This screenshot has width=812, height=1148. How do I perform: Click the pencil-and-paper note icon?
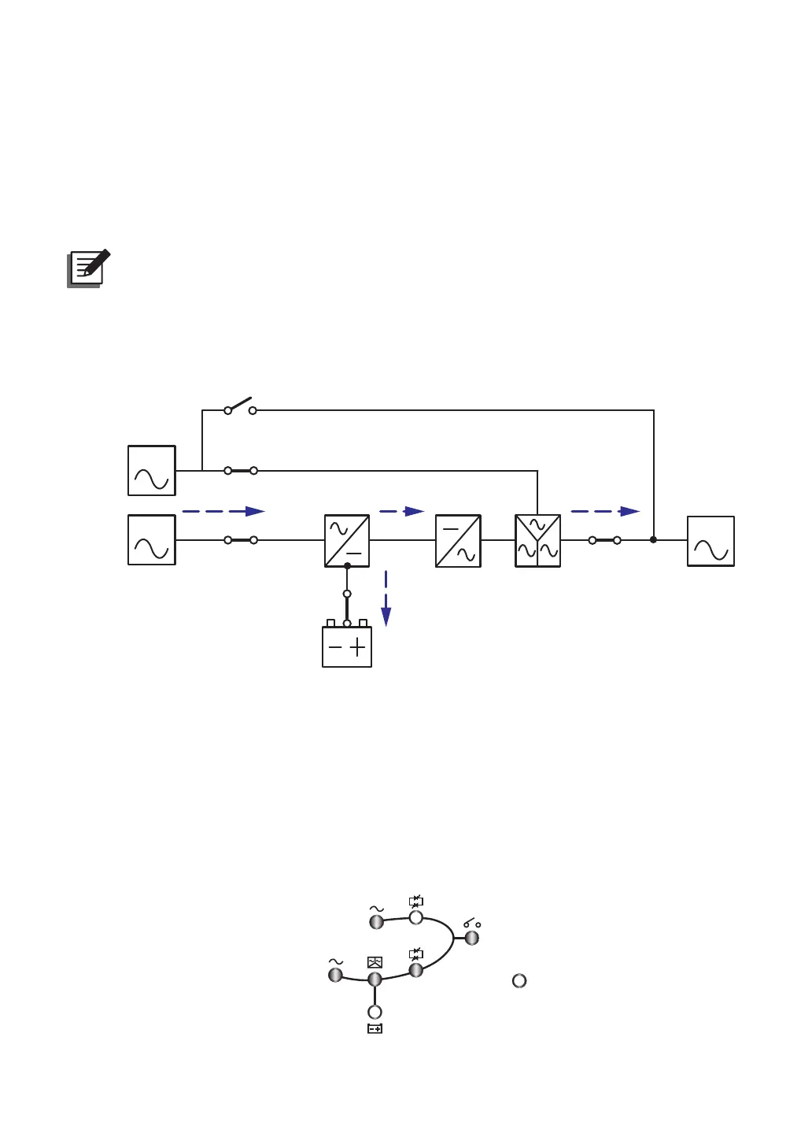point(88,268)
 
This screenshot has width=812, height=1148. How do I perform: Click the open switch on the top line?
point(240,407)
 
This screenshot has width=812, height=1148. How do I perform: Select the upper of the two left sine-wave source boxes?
point(152,471)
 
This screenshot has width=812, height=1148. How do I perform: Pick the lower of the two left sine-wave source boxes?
point(152,540)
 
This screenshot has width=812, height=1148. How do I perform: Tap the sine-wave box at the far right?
point(710,541)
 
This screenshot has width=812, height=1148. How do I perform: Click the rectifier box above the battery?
point(347,541)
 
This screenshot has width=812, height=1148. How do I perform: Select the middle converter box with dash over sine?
point(458,541)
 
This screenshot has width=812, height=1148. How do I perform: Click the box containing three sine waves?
point(537,541)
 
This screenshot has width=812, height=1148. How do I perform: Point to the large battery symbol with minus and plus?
point(347,646)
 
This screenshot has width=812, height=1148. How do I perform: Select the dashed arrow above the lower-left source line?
point(223,511)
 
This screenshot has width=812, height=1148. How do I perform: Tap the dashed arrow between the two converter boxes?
point(402,511)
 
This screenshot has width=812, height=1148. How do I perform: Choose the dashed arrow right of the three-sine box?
point(604,511)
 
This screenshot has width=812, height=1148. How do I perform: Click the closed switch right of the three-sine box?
point(604,540)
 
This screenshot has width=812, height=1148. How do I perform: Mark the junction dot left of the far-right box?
point(653,539)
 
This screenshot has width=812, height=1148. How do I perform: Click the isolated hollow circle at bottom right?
point(519,980)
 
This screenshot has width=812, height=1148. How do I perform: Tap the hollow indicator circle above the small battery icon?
point(375,1012)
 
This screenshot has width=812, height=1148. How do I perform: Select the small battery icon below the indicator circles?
point(375,1028)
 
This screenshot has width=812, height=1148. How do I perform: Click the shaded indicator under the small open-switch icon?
point(472,938)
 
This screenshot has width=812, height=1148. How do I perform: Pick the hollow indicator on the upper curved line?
point(416,917)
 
